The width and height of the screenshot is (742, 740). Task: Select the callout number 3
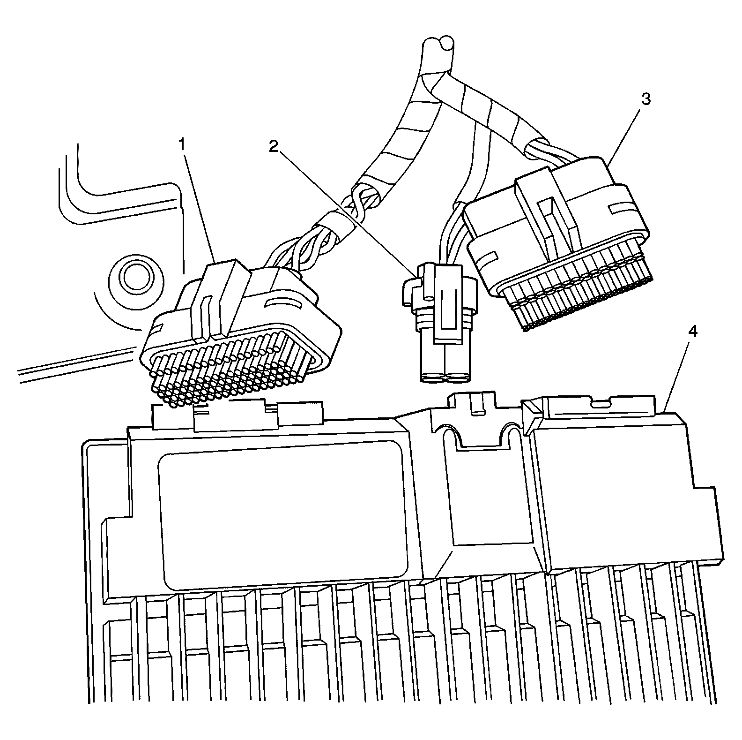646,99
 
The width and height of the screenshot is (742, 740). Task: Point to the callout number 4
692,332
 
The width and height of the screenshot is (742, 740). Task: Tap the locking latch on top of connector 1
220,300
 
